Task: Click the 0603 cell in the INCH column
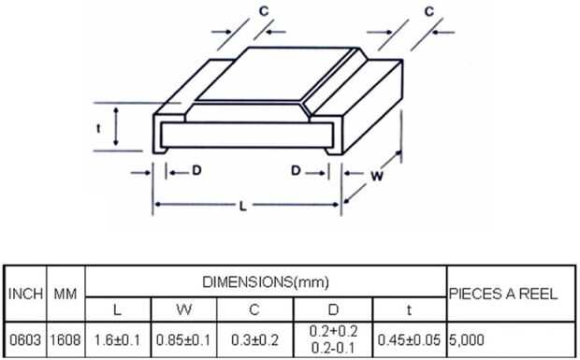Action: tap(24, 340)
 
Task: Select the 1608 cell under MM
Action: tap(65, 340)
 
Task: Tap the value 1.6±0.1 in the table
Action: tap(118, 340)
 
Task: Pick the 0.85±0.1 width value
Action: tap(183, 340)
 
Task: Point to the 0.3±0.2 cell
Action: tap(254, 340)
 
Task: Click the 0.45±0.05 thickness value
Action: tap(409, 340)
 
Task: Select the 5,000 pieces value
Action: tap(467, 340)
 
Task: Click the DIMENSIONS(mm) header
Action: tap(266, 282)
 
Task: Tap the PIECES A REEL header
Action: tap(503, 294)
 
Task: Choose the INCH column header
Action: tap(25, 295)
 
